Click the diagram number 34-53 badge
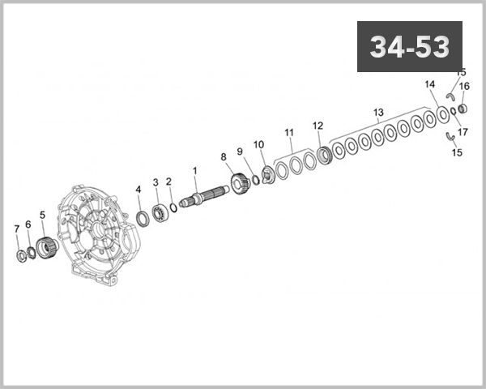point(409,47)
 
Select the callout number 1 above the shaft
point(194,170)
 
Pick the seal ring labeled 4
point(141,218)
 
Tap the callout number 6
point(28,224)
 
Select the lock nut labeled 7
point(21,256)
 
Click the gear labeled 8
point(239,183)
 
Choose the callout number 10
point(258,144)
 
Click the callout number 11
point(288,132)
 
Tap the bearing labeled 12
point(324,153)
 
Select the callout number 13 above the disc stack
point(377,112)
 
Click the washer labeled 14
point(444,114)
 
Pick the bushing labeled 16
point(463,109)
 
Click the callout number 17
point(463,131)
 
